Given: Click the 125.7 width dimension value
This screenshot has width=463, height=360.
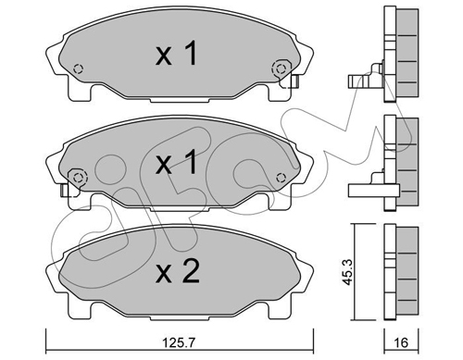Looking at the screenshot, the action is pos(180,342).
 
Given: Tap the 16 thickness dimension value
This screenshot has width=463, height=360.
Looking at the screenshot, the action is pos(401,342).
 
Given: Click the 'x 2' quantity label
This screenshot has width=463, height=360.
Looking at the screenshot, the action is pos(178,271).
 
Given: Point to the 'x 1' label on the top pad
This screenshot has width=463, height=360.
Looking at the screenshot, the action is pos(176,54).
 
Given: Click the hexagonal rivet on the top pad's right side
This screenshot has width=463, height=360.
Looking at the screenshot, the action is pos(281,68).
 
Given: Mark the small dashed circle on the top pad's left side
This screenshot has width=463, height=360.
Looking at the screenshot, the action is pos(79,68).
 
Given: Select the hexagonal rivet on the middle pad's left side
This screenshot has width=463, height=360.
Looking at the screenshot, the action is pos(78,178).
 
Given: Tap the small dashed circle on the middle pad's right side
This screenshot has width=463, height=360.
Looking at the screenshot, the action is pos(281,178).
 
